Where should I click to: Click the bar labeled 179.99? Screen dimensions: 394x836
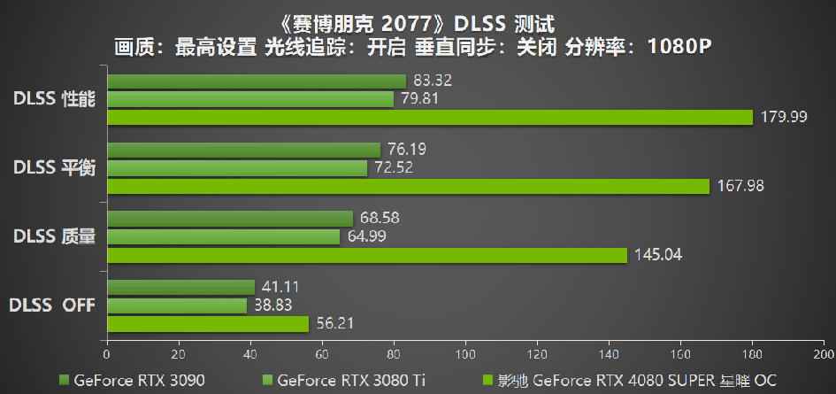(x=429, y=117)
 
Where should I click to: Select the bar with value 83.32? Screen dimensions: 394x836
(x=257, y=81)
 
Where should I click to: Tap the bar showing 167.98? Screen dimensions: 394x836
(x=408, y=186)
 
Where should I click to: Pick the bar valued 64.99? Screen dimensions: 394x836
(x=223, y=237)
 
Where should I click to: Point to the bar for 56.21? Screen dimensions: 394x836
(x=208, y=324)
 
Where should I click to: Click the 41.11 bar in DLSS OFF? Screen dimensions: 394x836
(x=180, y=288)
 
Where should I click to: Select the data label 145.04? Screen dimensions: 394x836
(x=657, y=255)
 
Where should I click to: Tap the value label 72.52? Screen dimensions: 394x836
(x=395, y=167)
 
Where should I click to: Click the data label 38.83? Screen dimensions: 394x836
(x=274, y=305)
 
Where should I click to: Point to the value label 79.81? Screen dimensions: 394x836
(x=421, y=98)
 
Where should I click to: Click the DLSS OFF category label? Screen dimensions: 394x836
(x=52, y=305)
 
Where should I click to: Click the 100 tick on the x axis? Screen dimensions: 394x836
(x=465, y=352)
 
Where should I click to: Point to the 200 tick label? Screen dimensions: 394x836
(x=824, y=352)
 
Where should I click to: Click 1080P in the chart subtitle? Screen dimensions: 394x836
(x=679, y=47)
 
